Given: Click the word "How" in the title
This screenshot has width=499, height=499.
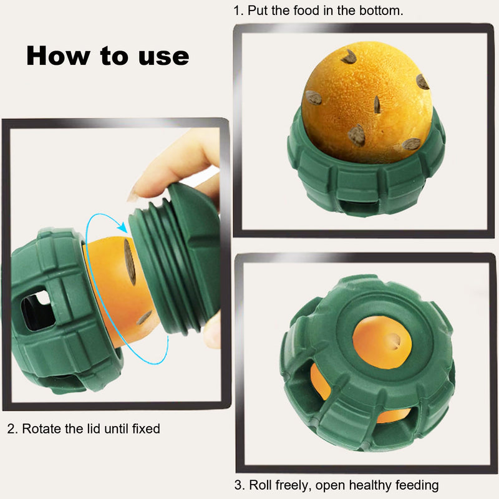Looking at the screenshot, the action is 57,56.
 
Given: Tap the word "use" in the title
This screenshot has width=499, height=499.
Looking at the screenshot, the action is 163,57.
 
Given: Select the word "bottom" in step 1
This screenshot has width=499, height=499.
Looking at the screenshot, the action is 381,11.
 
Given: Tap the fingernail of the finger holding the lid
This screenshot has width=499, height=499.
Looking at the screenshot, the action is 132,195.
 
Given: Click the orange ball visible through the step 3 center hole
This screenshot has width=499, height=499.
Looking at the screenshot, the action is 382,342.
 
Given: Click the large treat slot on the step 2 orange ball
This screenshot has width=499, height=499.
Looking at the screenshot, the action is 130,261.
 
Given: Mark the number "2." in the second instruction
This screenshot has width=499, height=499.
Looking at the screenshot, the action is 12,429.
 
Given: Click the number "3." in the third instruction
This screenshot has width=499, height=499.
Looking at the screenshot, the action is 240,485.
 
